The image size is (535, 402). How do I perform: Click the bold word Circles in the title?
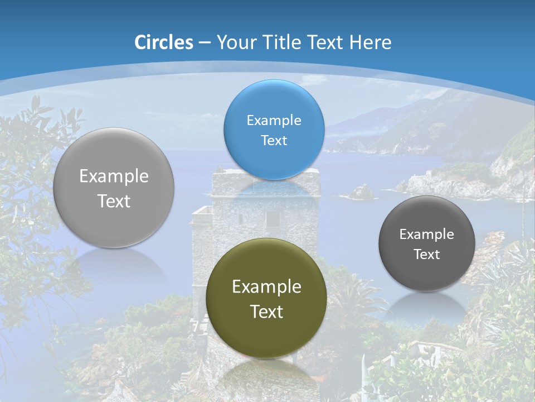[164, 42]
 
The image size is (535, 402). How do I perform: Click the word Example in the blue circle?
[274, 120]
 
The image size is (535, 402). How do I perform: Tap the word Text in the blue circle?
[274, 140]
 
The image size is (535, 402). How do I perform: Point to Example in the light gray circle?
[114, 176]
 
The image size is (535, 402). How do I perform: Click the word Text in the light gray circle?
[114, 201]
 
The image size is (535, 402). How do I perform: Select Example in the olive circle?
[266, 286]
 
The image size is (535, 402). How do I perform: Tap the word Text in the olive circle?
[266, 312]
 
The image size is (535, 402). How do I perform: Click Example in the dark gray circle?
[427, 234]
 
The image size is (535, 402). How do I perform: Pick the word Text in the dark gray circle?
[427, 254]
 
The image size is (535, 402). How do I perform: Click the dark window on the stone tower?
[273, 219]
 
